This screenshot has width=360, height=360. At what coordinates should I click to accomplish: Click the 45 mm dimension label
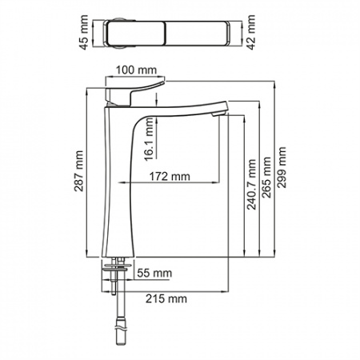coord(84,33)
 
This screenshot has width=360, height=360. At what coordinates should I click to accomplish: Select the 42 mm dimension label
coord(251,33)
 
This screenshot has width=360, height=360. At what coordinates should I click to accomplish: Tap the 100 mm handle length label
coord(136,70)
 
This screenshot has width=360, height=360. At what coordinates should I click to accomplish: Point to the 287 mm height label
coord(79,171)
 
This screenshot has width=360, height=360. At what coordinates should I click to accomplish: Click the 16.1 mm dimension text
coord(150,139)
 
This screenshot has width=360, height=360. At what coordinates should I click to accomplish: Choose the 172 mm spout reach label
coord(170,177)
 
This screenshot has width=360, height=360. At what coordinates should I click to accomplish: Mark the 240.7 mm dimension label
coord(251,185)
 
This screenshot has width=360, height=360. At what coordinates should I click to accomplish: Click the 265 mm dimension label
coord(266,178)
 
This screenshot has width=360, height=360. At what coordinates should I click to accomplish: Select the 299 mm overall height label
coord(282,167)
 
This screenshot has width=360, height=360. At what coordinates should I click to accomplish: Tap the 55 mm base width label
coord(154,274)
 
